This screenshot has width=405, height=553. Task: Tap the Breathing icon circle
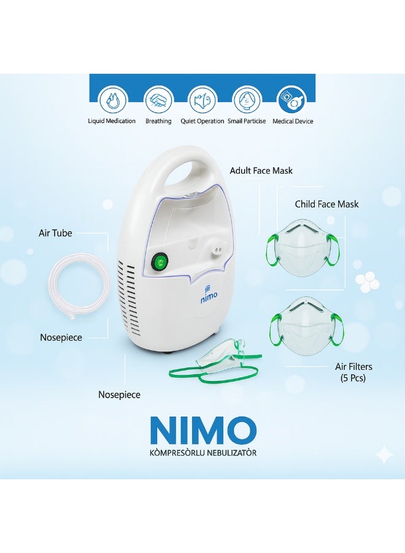coord(157,99)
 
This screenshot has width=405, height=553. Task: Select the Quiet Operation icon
coord(201,99)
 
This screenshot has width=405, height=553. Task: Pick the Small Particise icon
coord(245,99)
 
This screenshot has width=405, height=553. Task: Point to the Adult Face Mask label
coord(261,171)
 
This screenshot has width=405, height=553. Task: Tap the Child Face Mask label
coord(326,204)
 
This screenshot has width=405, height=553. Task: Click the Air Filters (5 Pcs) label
coord(353,372)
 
